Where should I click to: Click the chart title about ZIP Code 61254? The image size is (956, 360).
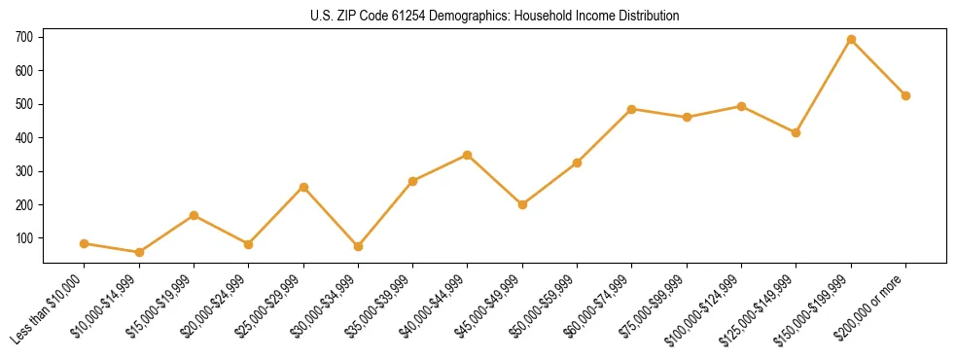coord(495,16)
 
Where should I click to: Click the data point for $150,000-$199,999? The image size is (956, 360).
coord(851,40)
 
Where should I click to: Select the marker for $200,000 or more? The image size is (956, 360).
coord(905,95)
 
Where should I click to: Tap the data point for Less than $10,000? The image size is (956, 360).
coord(85,243)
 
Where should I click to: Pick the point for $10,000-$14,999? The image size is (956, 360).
coord(139,252)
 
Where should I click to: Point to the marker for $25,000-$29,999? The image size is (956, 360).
coord(303,187)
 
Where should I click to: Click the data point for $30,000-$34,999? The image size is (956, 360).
coord(358,246)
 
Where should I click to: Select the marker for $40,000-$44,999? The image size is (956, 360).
coord(468,155)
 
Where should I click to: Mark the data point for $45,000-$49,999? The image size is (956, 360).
coord(522,204)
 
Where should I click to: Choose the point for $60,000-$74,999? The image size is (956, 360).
coord(632,109)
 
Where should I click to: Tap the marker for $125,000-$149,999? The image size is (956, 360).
coord(796,132)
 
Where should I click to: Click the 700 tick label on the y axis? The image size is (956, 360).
coord(24,37)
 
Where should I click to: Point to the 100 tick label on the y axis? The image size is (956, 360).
coord(24,238)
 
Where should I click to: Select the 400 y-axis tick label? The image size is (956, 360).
coord(24,138)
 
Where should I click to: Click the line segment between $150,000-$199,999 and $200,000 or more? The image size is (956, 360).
coord(878,68)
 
